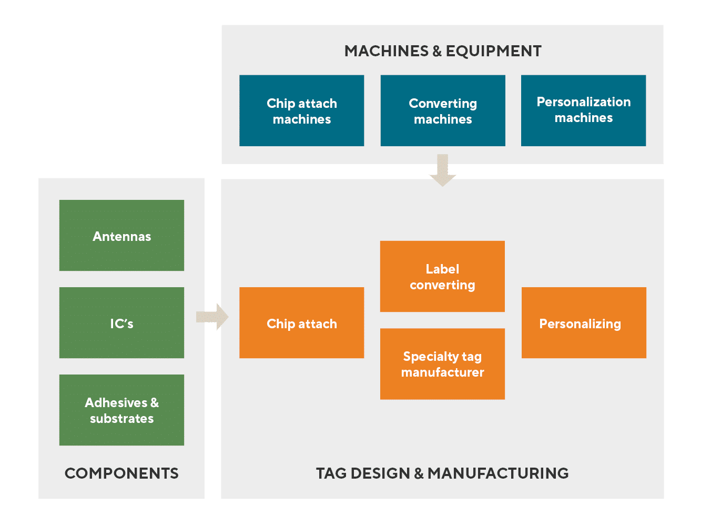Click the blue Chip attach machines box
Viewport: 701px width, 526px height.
click(x=301, y=110)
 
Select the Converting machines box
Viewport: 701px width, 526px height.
click(x=443, y=110)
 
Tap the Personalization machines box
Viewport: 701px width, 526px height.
click(x=583, y=110)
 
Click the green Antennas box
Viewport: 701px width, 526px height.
click(x=121, y=236)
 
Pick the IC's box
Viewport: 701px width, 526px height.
click(x=121, y=323)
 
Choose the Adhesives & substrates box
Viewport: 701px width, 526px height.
click(x=121, y=410)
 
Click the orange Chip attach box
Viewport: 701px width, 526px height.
click(x=301, y=323)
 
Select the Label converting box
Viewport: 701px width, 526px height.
click(x=442, y=277)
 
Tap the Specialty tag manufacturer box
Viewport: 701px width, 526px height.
click(x=442, y=364)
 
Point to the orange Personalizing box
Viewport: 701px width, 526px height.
click(x=584, y=323)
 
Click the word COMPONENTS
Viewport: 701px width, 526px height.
click(x=121, y=473)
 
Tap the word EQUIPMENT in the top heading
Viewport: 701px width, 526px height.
click(x=493, y=51)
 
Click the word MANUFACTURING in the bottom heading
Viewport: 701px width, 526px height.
click(x=497, y=473)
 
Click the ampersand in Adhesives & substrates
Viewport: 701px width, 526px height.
click(x=154, y=403)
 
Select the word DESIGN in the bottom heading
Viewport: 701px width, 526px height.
click(x=380, y=473)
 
